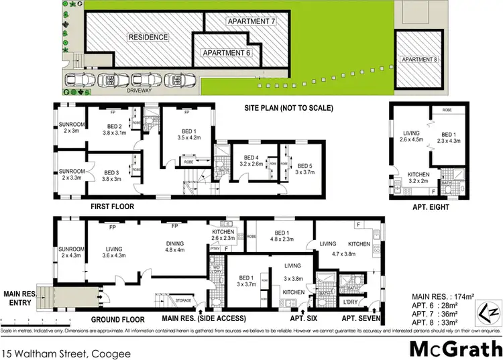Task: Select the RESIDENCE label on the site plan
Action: [x=148, y=37]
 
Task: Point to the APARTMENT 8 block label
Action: [x=418, y=60]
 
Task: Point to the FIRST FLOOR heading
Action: [x=113, y=207]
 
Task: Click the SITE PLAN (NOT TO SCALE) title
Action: [x=288, y=108]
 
